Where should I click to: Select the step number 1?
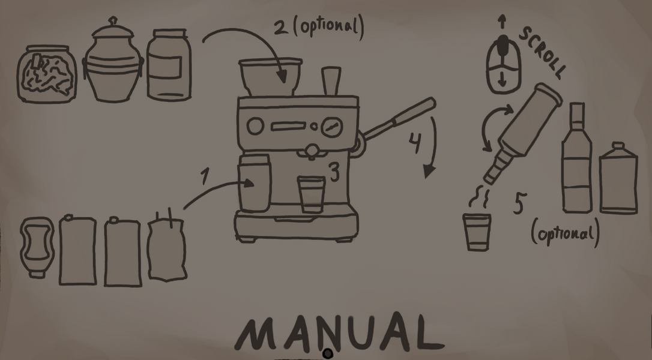pyautogui.click(x=204, y=176)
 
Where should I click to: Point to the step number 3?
pyautogui.click(x=335, y=172)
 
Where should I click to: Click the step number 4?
pyautogui.click(x=415, y=143)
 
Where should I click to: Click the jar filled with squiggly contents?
pyautogui.click(x=47, y=74)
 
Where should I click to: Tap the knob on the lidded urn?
pyautogui.click(x=113, y=21)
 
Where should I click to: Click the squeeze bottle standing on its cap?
pyautogui.click(x=37, y=247)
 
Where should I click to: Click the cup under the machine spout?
pyautogui.click(x=311, y=194)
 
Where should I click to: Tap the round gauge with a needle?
pyautogui.click(x=332, y=127)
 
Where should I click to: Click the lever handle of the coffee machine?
pyautogui.click(x=397, y=120)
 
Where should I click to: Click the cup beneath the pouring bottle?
pyautogui.click(x=477, y=232)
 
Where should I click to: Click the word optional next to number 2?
pyautogui.click(x=328, y=26)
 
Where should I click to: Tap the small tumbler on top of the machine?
pyautogui.click(x=331, y=80)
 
